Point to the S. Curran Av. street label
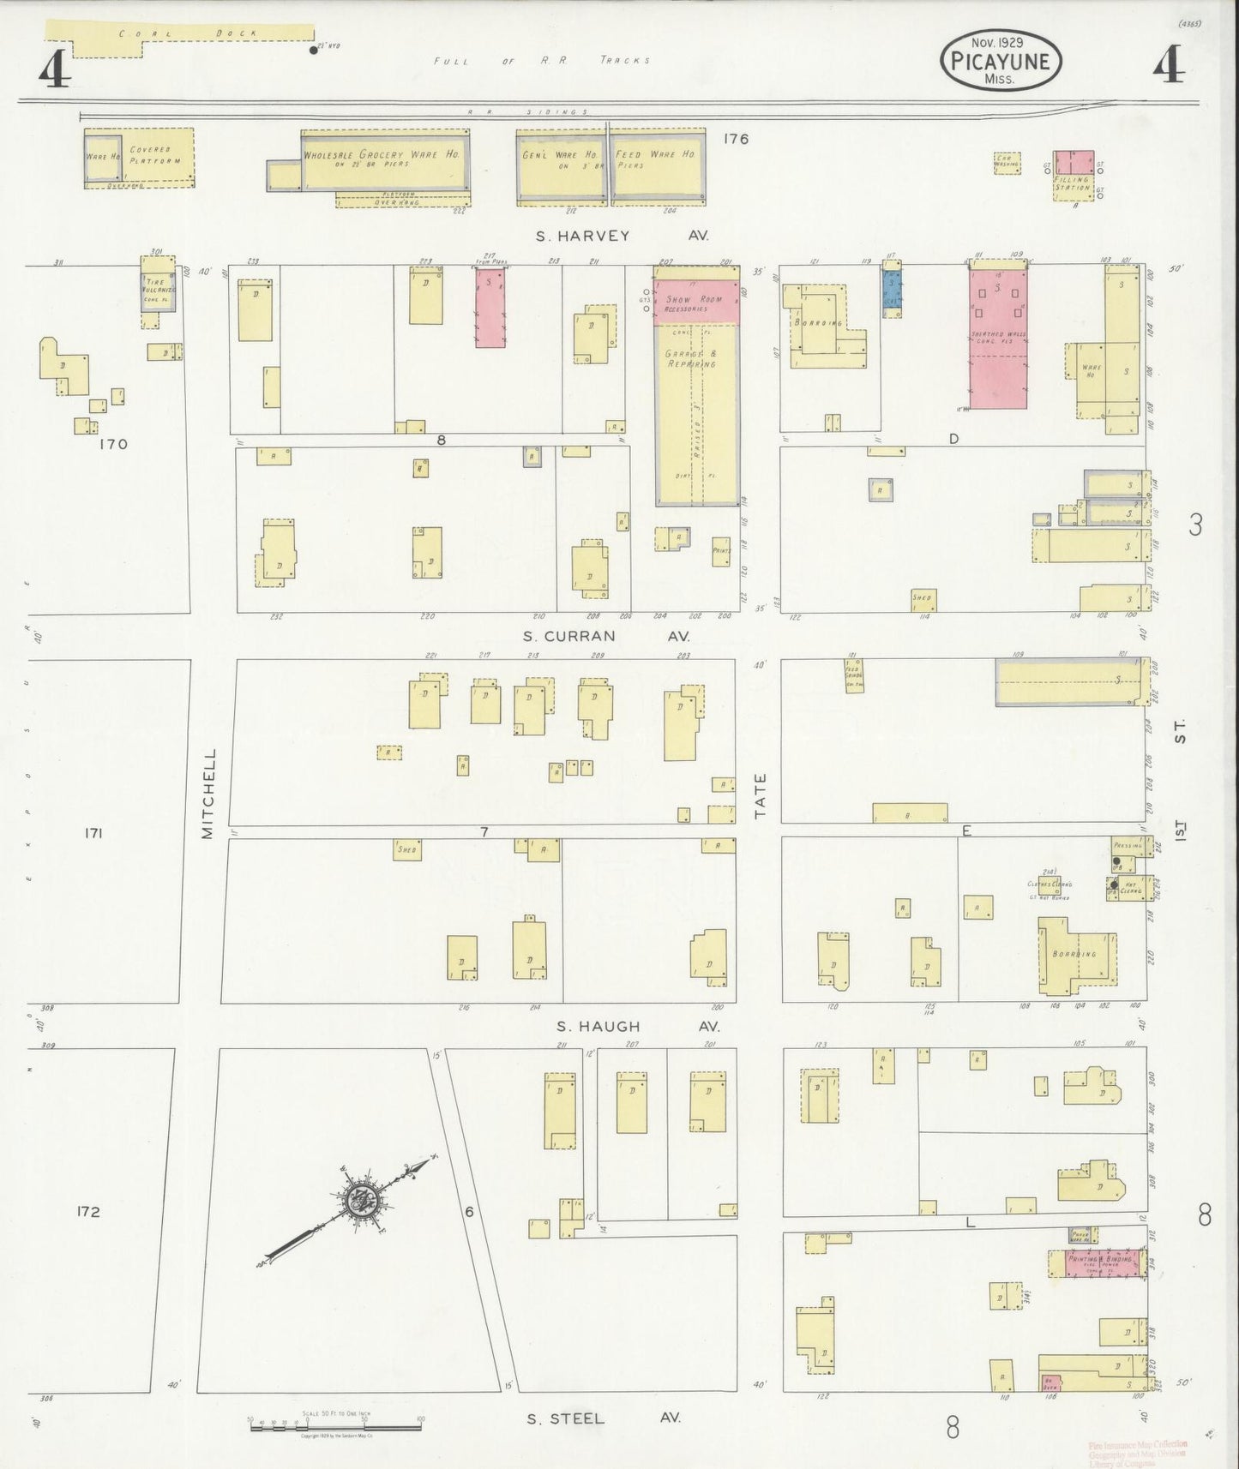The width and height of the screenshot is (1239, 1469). (x=605, y=636)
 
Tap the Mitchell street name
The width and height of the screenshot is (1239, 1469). (x=208, y=794)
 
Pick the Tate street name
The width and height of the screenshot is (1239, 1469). (x=760, y=795)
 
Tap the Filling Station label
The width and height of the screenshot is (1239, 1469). (x=1072, y=184)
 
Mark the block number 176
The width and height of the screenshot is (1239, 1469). (x=736, y=138)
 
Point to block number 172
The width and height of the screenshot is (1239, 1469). (x=88, y=1212)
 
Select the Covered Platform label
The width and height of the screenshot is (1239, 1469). (x=154, y=154)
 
